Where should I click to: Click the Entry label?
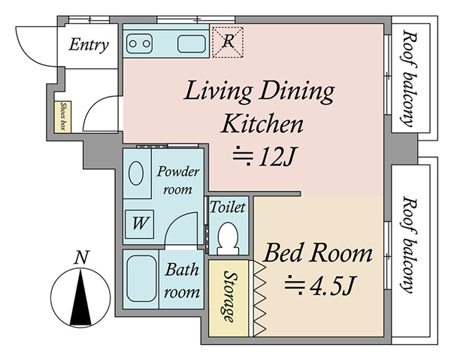click(x=89, y=45)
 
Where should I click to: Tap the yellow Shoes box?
click(x=63, y=117)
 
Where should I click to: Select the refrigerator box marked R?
click(x=228, y=42)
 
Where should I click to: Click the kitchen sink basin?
click(x=192, y=44)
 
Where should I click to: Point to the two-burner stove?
click(x=140, y=44)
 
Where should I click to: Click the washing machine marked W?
click(x=140, y=224)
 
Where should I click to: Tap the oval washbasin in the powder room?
click(x=136, y=173)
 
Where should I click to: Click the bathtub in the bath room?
click(x=141, y=279)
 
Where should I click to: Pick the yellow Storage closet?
click(x=229, y=298)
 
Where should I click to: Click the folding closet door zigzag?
click(x=260, y=298)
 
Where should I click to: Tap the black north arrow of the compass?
click(x=80, y=298)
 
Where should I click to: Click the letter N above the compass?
click(x=81, y=258)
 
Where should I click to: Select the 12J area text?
click(x=265, y=157)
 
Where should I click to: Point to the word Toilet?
click(x=228, y=207)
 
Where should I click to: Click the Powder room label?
click(x=177, y=180)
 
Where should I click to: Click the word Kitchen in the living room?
click(x=262, y=124)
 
